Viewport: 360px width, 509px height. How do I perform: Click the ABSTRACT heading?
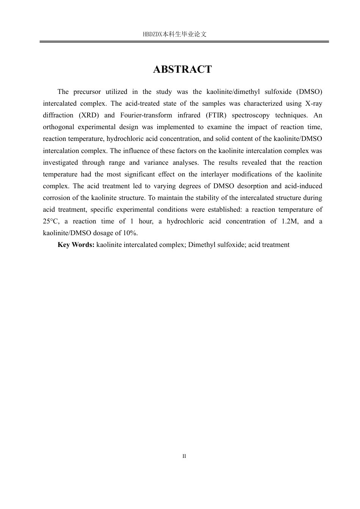tap(182, 69)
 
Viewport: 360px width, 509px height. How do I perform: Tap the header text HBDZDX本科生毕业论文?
tap(175, 34)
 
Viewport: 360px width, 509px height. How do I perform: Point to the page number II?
tap(184, 456)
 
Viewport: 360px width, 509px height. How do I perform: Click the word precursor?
tap(87, 92)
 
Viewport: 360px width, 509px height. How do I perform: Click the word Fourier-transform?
tap(146, 115)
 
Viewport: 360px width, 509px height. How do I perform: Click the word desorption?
tap(252, 186)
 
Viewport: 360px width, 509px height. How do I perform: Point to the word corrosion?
tap(56, 198)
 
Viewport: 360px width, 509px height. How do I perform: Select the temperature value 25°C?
tap(51, 221)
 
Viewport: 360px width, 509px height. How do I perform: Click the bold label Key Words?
tap(76, 245)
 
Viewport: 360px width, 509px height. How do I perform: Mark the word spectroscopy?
tap(250, 115)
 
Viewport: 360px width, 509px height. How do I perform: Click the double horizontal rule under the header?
tap(184, 41)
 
